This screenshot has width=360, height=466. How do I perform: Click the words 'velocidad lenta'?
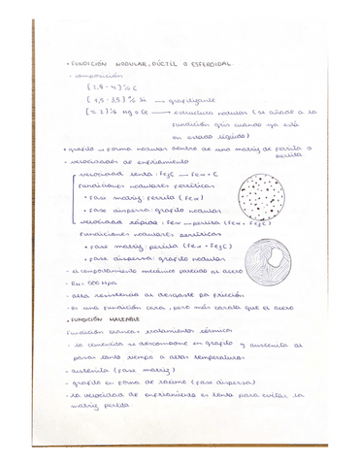click(x=108, y=171)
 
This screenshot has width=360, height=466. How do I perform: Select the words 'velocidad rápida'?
click(x=108, y=222)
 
